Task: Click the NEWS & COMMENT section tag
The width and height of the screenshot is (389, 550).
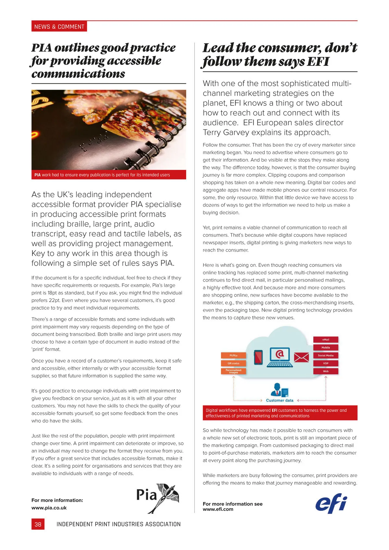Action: (59, 27)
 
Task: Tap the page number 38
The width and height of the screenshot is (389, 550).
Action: (38, 524)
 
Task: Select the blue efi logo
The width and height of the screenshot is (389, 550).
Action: (331, 503)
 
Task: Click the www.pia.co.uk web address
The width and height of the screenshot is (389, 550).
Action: (49, 508)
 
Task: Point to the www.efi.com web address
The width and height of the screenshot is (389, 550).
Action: (218, 509)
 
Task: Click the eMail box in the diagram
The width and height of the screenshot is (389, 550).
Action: (325, 340)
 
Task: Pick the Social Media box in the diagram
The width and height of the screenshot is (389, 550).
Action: (325, 355)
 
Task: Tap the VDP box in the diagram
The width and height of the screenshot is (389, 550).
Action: (325, 363)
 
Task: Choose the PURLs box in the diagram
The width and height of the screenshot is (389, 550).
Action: (233, 355)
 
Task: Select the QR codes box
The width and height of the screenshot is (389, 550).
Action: (233, 363)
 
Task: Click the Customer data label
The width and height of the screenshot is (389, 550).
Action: (279, 401)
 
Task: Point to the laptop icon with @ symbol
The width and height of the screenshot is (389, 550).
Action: (279, 357)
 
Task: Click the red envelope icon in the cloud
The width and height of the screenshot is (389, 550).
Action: (301, 357)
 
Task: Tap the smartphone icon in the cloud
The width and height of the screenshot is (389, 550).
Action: (258, 357)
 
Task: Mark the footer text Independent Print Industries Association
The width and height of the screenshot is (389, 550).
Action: (118, 524)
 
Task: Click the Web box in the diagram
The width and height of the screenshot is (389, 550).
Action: (325, 371)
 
